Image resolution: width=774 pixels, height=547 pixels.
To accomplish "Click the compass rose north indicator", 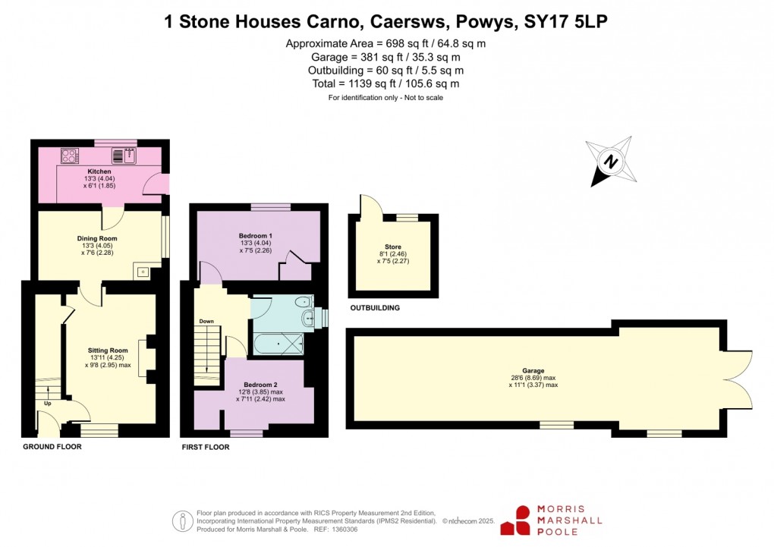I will pyautogui.click(x=610, y=162).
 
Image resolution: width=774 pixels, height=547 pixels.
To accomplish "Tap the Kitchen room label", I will pyautogui.click(x=99, y=171).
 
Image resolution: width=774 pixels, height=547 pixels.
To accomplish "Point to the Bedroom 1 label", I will pyautogui.click(x=256, y=236).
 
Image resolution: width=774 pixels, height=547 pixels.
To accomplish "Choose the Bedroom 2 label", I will pyautogui.click(x=260, y=385).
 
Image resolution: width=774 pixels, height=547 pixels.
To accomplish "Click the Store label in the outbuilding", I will pyautogui.click(x=393, y=247).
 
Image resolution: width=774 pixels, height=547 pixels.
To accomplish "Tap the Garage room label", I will pyautogui.click(x=533, y=371).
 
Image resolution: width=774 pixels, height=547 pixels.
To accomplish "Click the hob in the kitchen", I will pyautogui.click(x=70, y=156).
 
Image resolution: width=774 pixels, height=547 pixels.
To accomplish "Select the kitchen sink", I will pyautogui.click(x=124, y=156).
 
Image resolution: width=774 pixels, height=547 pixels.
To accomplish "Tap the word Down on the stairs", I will pyautogui.click(x=206, y=321).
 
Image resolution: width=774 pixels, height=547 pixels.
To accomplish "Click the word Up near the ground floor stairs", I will pyautogui.click(x=47, y=403).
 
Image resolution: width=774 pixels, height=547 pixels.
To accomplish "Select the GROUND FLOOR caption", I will pyautogui.click(x=52, y=447).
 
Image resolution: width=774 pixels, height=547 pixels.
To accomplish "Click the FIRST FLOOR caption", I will pyautogui.click(x=205, y=448).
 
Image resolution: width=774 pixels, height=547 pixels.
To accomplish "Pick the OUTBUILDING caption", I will pyautogui.click(x=374, y=308).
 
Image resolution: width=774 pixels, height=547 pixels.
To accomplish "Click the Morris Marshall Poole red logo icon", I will pyautogui.click(x=521, y=520).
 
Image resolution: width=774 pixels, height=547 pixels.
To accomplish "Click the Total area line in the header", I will pyautogui.click(x=385, y=83).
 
